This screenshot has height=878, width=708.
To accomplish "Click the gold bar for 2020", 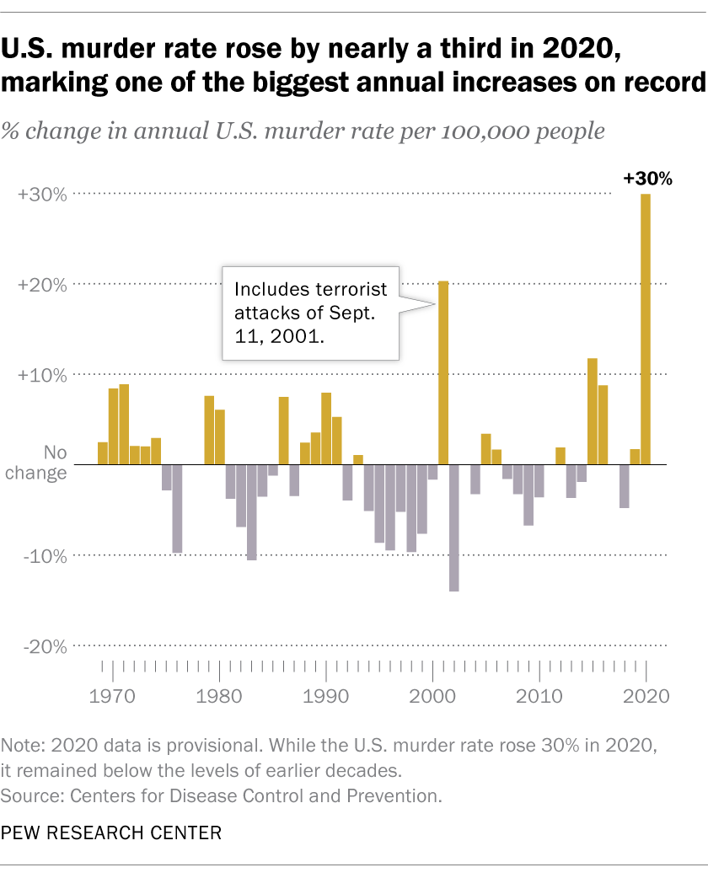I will click(646, 329).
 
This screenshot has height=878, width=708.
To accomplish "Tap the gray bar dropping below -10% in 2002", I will click(454, 527).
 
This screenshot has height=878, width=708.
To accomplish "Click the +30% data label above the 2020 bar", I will click(646, 179).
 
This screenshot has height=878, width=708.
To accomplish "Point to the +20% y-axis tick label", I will click(41, 284).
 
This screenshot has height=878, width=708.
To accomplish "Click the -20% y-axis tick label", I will click(43, 646).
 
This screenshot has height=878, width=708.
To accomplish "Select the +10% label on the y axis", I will click(41, 374).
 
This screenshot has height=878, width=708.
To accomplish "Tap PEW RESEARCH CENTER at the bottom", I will click(111, 832).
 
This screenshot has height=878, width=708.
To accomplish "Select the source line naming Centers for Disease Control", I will click(222, 794).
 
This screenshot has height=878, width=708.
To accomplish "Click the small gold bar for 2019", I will click(636, 457).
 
